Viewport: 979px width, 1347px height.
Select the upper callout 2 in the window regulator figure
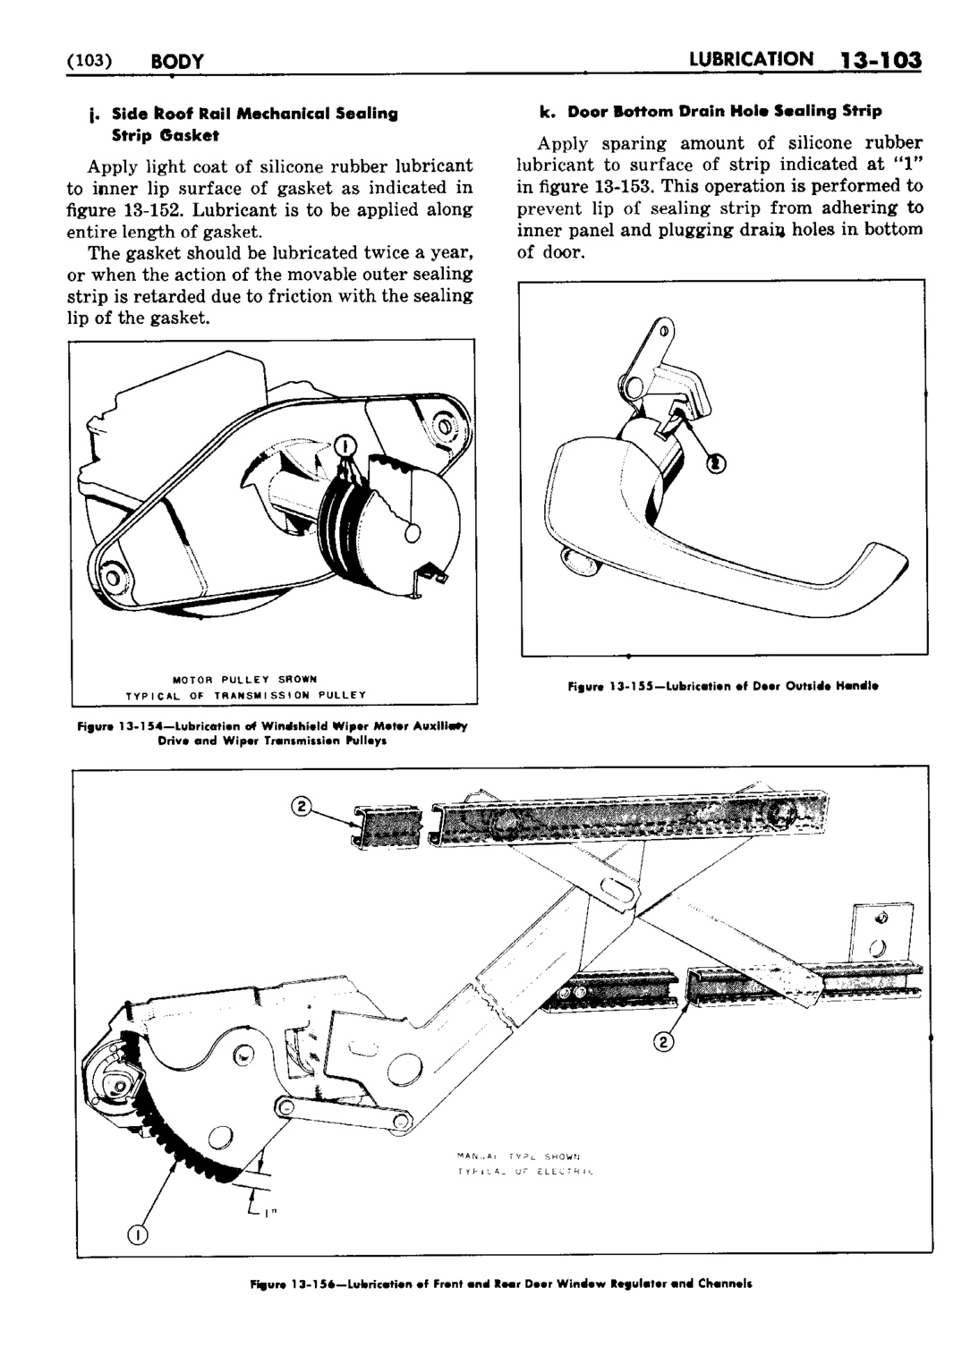[302, 807]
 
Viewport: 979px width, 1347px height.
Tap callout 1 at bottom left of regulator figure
[136, 1236]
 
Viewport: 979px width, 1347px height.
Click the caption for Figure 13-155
[722, 687]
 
